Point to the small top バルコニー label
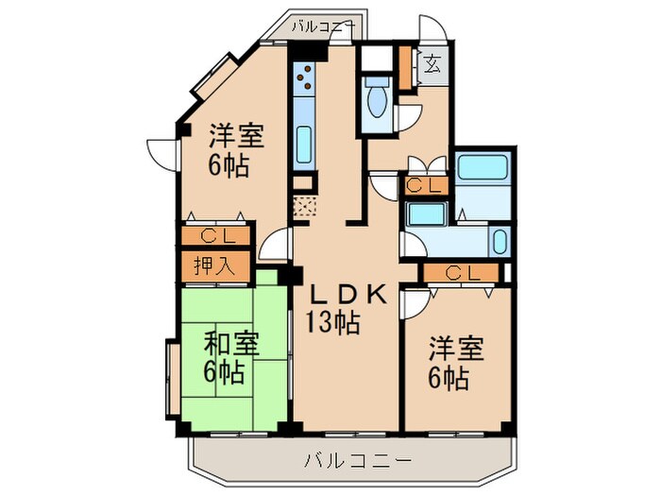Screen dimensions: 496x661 (321, 27)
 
